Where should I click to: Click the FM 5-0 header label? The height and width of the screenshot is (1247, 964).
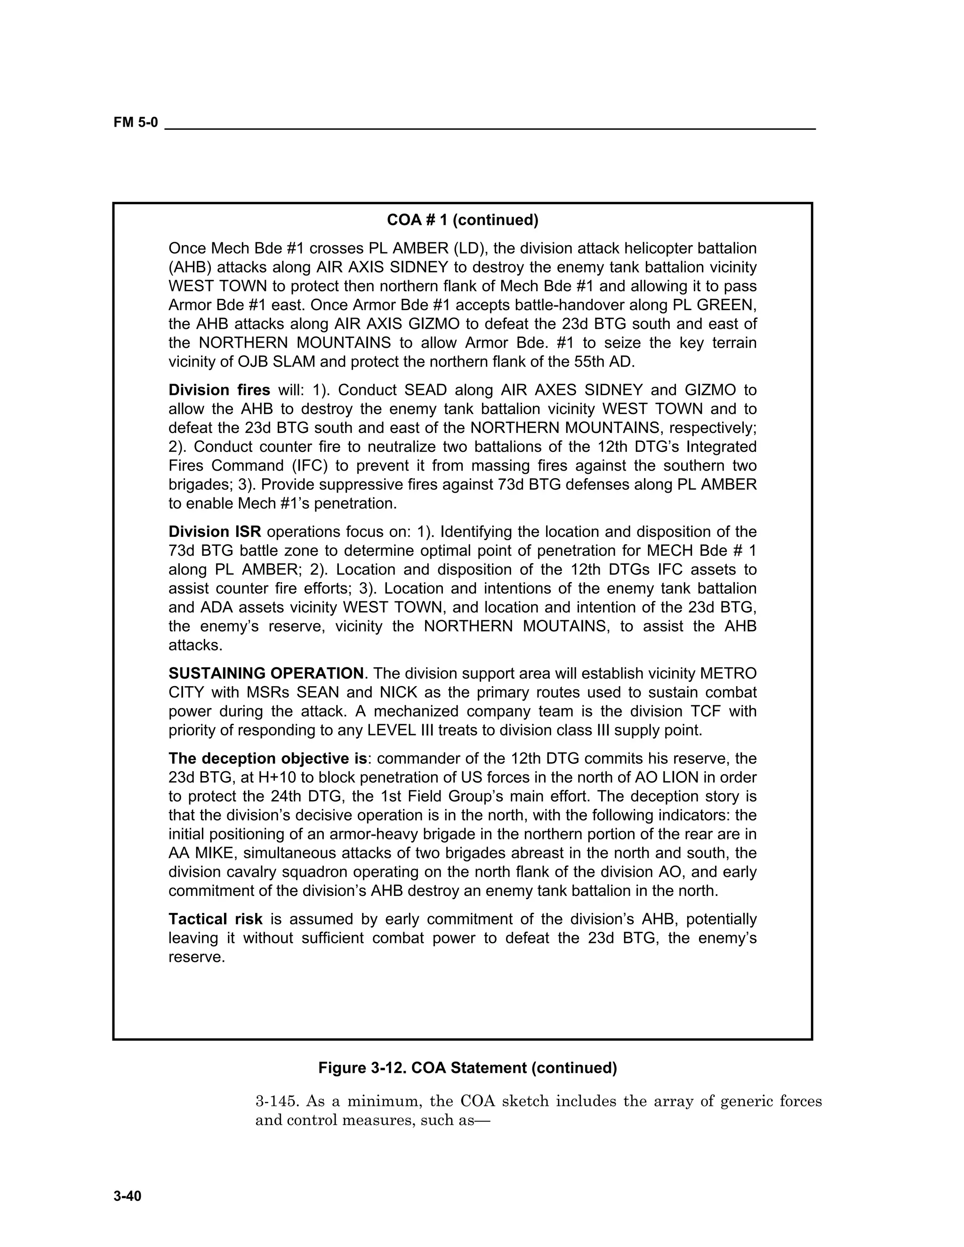point(136,123)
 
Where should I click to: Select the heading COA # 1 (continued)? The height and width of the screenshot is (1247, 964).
point(463,220)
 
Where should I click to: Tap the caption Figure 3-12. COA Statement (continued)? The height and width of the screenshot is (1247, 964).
point(467,1068)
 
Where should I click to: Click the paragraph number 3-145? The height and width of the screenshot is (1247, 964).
point(276,1102)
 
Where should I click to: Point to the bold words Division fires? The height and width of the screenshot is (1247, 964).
point(219,390)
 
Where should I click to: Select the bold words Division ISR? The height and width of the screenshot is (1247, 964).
point(215,532)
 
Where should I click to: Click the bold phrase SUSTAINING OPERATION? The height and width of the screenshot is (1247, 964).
point(265,673)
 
